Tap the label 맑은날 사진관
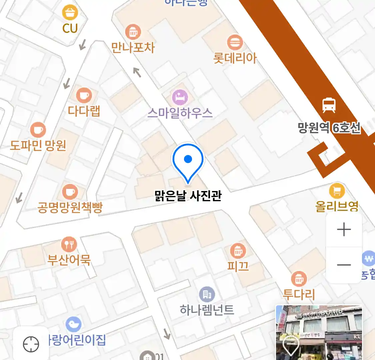click(x=188, y=196)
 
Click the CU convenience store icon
click(x=70, y=13)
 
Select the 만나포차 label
click(x=133, y=48)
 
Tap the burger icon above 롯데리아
click(x=235, y=42)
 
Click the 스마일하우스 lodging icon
click(x=180, y=97)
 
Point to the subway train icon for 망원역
click(x=329, y=105)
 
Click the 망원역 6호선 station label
click(x=329, y=128)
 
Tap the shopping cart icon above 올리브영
click(x=337, y=191)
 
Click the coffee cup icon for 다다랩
click(x=84, y=96)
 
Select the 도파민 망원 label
click(x=38, y=145)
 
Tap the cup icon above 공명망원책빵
click(x=70, y=192)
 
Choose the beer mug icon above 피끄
click(x=238, y=251)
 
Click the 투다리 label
click(x=299, y=294)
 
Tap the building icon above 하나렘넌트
click(x=207, y=294)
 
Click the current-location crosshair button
click(x=31, y=344)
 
